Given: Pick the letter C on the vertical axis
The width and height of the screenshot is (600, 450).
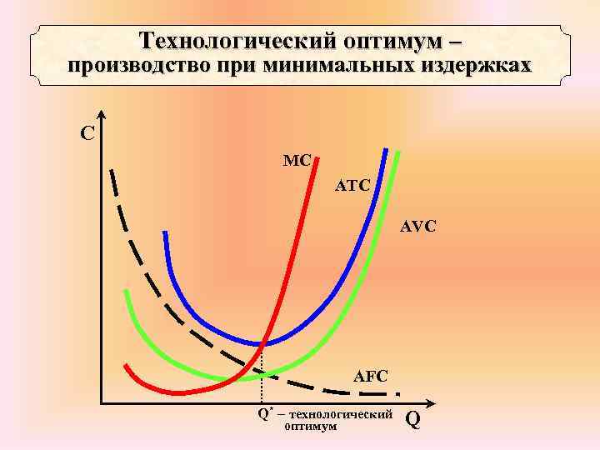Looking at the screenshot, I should coord(86,133).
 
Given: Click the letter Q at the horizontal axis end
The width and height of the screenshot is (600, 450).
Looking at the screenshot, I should coord(412,421).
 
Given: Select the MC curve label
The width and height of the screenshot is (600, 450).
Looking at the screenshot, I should coord(297,159).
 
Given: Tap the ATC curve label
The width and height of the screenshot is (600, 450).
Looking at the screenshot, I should coord(352,184).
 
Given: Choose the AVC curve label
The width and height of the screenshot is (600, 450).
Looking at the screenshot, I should coord(418,225).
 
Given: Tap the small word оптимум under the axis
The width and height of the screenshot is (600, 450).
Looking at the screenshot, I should coord(311,427).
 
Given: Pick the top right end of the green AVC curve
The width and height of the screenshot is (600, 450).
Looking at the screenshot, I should coord(398,153).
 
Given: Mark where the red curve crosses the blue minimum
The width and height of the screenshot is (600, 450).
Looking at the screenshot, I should coord(263,342).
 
